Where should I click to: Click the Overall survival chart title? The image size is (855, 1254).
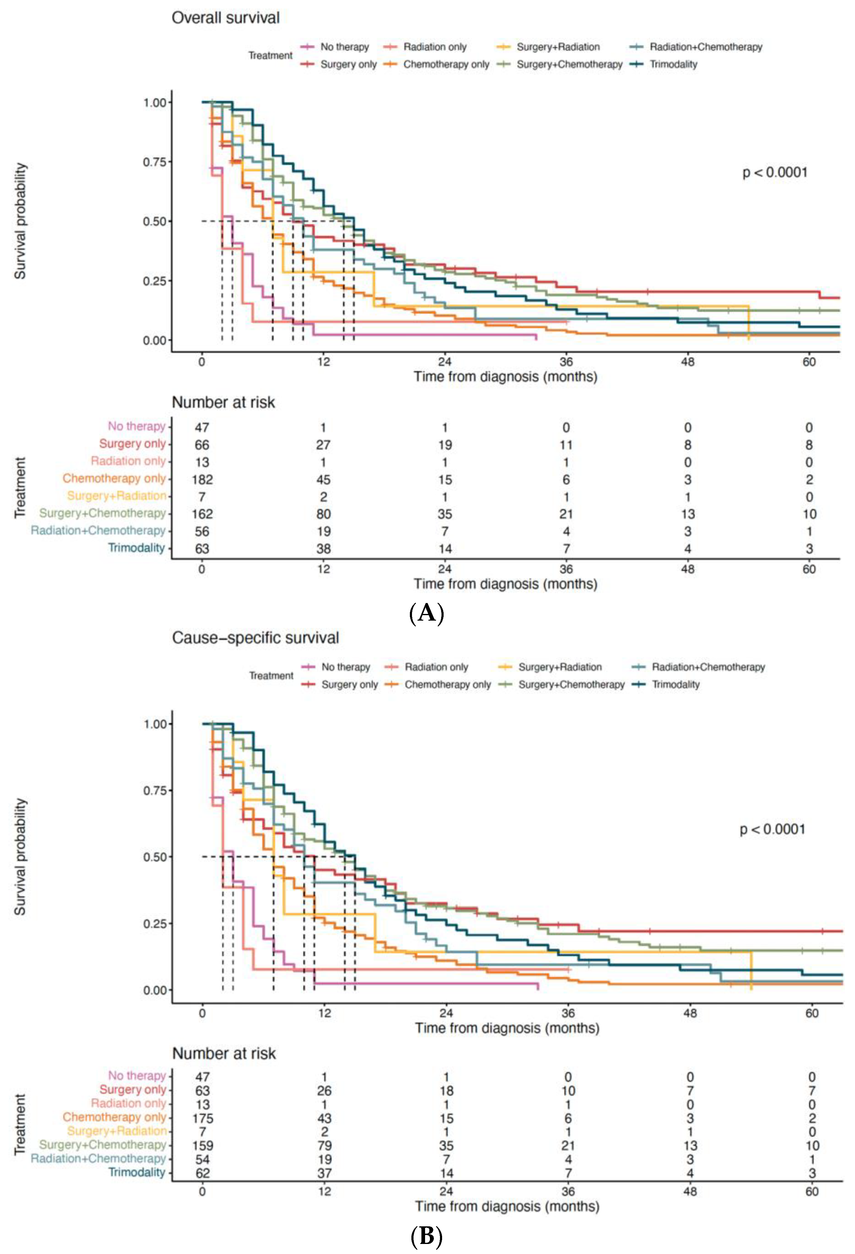point(226,18)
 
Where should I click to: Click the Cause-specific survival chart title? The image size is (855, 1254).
point(255,638)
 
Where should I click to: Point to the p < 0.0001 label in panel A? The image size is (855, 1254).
point(774,173)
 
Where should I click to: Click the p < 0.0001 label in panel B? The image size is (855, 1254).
point(772,829)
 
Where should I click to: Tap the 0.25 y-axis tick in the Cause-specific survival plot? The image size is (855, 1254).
point(154,924)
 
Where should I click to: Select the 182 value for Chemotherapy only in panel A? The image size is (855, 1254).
point(202,480)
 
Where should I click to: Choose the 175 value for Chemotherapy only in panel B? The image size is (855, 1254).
point(202,1118)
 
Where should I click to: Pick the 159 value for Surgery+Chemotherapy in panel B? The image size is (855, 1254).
point(202,1145)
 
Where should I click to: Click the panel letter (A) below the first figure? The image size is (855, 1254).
point(426,614)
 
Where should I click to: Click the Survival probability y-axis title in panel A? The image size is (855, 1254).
point(20,221)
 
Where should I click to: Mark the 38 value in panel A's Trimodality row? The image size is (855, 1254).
point(323,549)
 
